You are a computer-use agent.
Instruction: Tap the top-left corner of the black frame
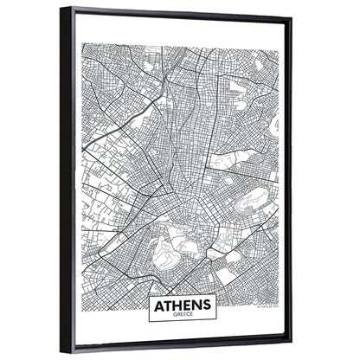coord(62,9)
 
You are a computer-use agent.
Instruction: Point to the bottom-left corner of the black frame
coord(62,350)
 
